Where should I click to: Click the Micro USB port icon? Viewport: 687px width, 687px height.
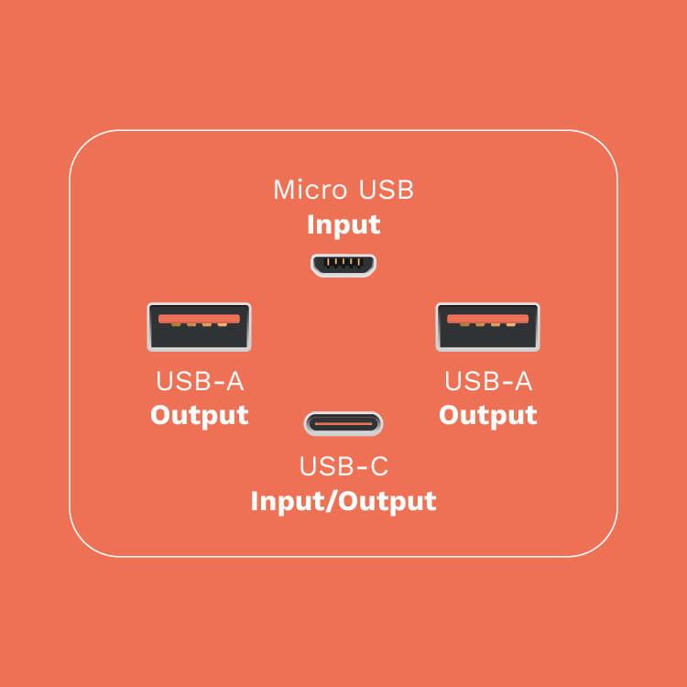click(343, 265)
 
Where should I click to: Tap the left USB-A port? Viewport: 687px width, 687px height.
click(200, 327)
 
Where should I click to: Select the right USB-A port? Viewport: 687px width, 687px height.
click(487, 327)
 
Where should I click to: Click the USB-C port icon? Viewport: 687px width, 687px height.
click(343, 424)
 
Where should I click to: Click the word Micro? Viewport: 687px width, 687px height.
click(311, 190)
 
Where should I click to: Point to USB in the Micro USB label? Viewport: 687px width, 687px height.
click(386, 190)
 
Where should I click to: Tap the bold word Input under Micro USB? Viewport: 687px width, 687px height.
click(343, 225)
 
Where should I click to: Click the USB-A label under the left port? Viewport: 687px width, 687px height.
click(200, 381)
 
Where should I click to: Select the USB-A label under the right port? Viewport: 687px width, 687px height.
click(488, 381)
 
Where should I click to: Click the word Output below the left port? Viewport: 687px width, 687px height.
click(200, 415)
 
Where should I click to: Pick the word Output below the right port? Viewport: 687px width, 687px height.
click(488, 415)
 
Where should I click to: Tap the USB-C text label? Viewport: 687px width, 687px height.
click(343, 466)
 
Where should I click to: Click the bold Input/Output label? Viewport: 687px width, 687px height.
click(343, 501)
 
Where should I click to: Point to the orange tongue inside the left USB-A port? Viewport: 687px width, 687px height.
click(200, 319)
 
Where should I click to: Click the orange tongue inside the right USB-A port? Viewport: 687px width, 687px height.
click(487, 319)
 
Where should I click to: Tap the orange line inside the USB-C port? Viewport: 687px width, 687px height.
click(343, 424)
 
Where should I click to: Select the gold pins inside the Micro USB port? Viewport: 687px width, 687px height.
click(343, 263)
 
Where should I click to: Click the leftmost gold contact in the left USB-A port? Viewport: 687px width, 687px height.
click(176, 324)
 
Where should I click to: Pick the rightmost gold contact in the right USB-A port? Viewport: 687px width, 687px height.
click(511, 324)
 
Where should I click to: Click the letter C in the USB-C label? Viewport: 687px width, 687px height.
click(378, 466)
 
